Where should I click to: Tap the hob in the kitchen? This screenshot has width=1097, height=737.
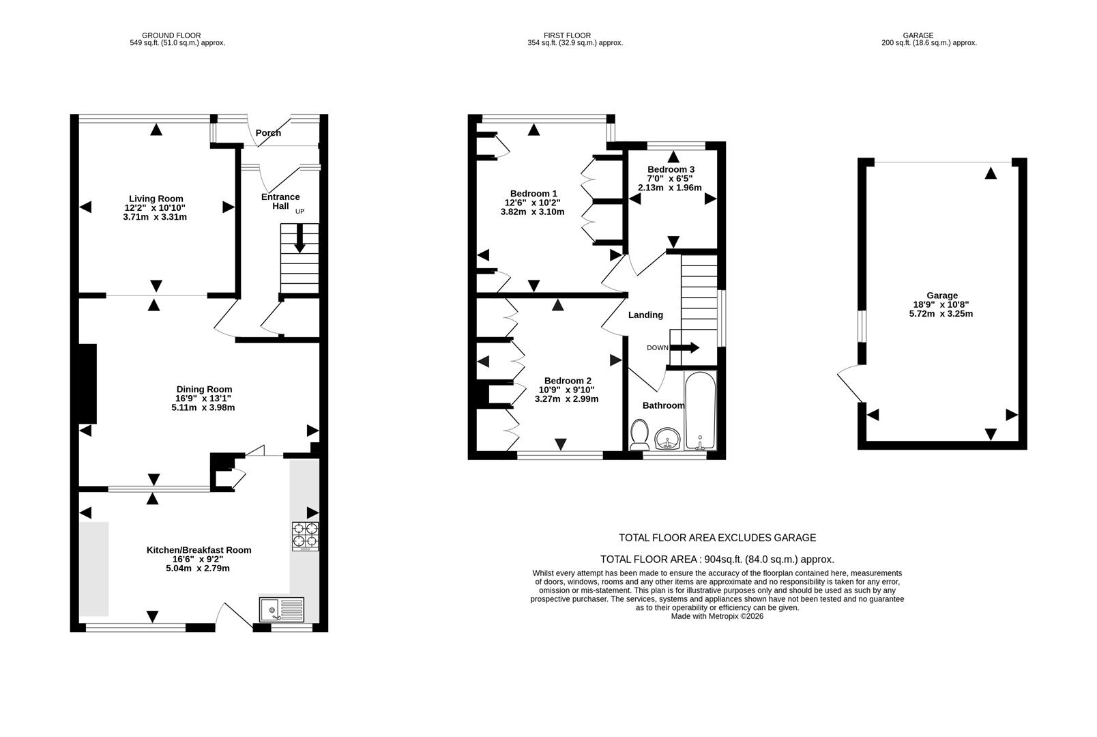[x=305, y=536]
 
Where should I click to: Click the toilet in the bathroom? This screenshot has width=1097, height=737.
[x=640, y=435]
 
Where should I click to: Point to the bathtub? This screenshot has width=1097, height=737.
[x=700, y=411]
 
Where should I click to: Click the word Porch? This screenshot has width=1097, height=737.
[x=268, y=133]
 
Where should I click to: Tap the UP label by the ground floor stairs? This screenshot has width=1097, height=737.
[x=299, y=212]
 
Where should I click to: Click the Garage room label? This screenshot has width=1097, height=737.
[x=941, y=295]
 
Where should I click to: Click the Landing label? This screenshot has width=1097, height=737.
[x=645, y=315]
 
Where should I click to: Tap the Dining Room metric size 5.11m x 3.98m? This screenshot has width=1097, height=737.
[x=203, y=407]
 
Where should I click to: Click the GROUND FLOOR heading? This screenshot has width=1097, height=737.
[x=171, y=35]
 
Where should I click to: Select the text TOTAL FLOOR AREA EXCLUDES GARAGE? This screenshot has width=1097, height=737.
[x=717, y=538]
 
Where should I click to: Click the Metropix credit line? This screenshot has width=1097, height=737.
[x=717, y=616]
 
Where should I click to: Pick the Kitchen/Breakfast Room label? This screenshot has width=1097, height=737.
[x=199, y=550]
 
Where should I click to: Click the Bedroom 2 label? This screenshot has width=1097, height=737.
[x=568, y=381]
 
